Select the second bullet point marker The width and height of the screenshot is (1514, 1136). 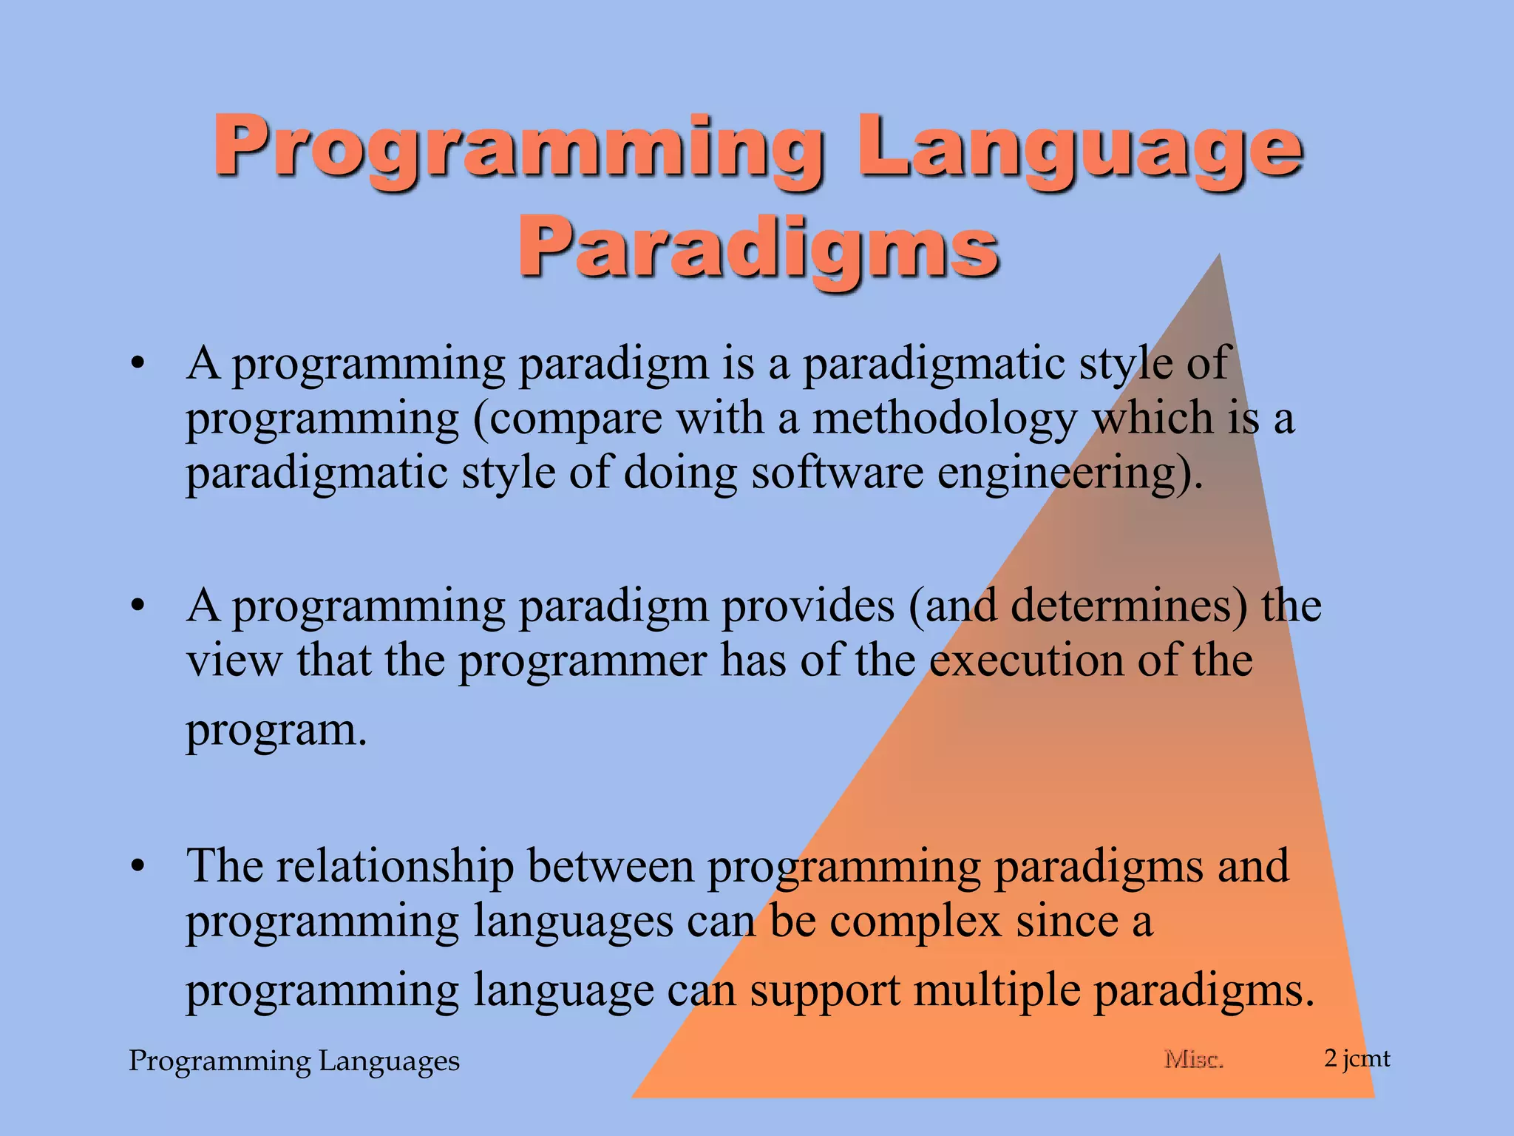(137, 606)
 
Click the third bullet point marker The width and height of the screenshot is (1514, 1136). (137, 866)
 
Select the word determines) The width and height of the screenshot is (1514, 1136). (1129, 606)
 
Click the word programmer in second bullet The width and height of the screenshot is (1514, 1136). (583, 660)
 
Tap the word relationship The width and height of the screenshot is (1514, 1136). (396, 866)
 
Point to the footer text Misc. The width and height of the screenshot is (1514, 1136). (1193, 1059)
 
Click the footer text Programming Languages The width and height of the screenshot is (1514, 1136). (294, 1061)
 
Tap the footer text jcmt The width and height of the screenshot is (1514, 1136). (1366, 1059)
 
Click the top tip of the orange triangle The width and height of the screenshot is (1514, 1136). (1218, 257)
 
